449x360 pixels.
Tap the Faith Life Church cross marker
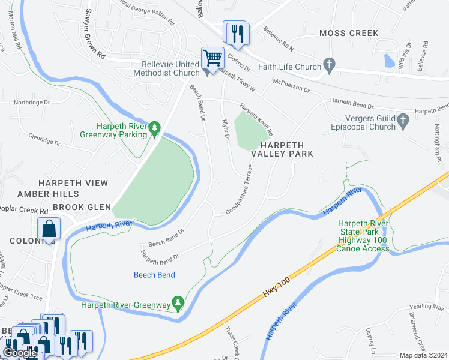tap(328, 64)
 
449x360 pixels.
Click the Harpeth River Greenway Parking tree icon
tap(154, 128)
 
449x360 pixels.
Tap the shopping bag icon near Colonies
tap(49, 229)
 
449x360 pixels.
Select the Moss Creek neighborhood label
tap(349, 33)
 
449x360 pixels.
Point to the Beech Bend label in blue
tap(154, 275)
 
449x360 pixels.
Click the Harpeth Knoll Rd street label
tap(257, 117)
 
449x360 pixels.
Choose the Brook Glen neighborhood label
tap(82, 207)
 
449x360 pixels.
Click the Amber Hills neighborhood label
tap(48, 194)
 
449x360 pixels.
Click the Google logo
tap(20, 353)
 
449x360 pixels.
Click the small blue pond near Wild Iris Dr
tap(388, 61)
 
